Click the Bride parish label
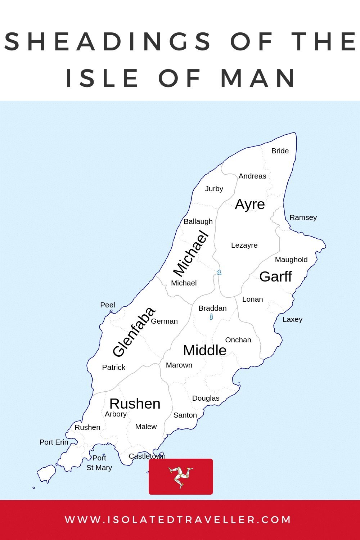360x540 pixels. point(280,151)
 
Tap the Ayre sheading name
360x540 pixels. point(250,204)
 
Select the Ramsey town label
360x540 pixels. point(303,217)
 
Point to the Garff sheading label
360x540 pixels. point(275,276)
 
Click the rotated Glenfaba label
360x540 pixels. point(134,332)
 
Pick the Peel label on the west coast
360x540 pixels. point(108,305)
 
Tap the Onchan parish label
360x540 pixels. point(238,340)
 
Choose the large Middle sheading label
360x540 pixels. point(204,350)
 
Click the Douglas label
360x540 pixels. point(206,398)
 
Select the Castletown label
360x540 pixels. point(147,456)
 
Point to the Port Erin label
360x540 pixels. point(54,442)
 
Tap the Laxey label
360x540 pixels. point(292,319)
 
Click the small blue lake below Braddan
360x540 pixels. point(211,317)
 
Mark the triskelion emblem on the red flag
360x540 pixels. point(181,476)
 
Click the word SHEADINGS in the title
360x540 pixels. point(108,41)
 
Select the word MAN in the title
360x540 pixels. point(258,78)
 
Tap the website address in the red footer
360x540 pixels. point(178,520)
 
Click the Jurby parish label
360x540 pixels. point(214,189)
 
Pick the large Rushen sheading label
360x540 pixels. point(135,404)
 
